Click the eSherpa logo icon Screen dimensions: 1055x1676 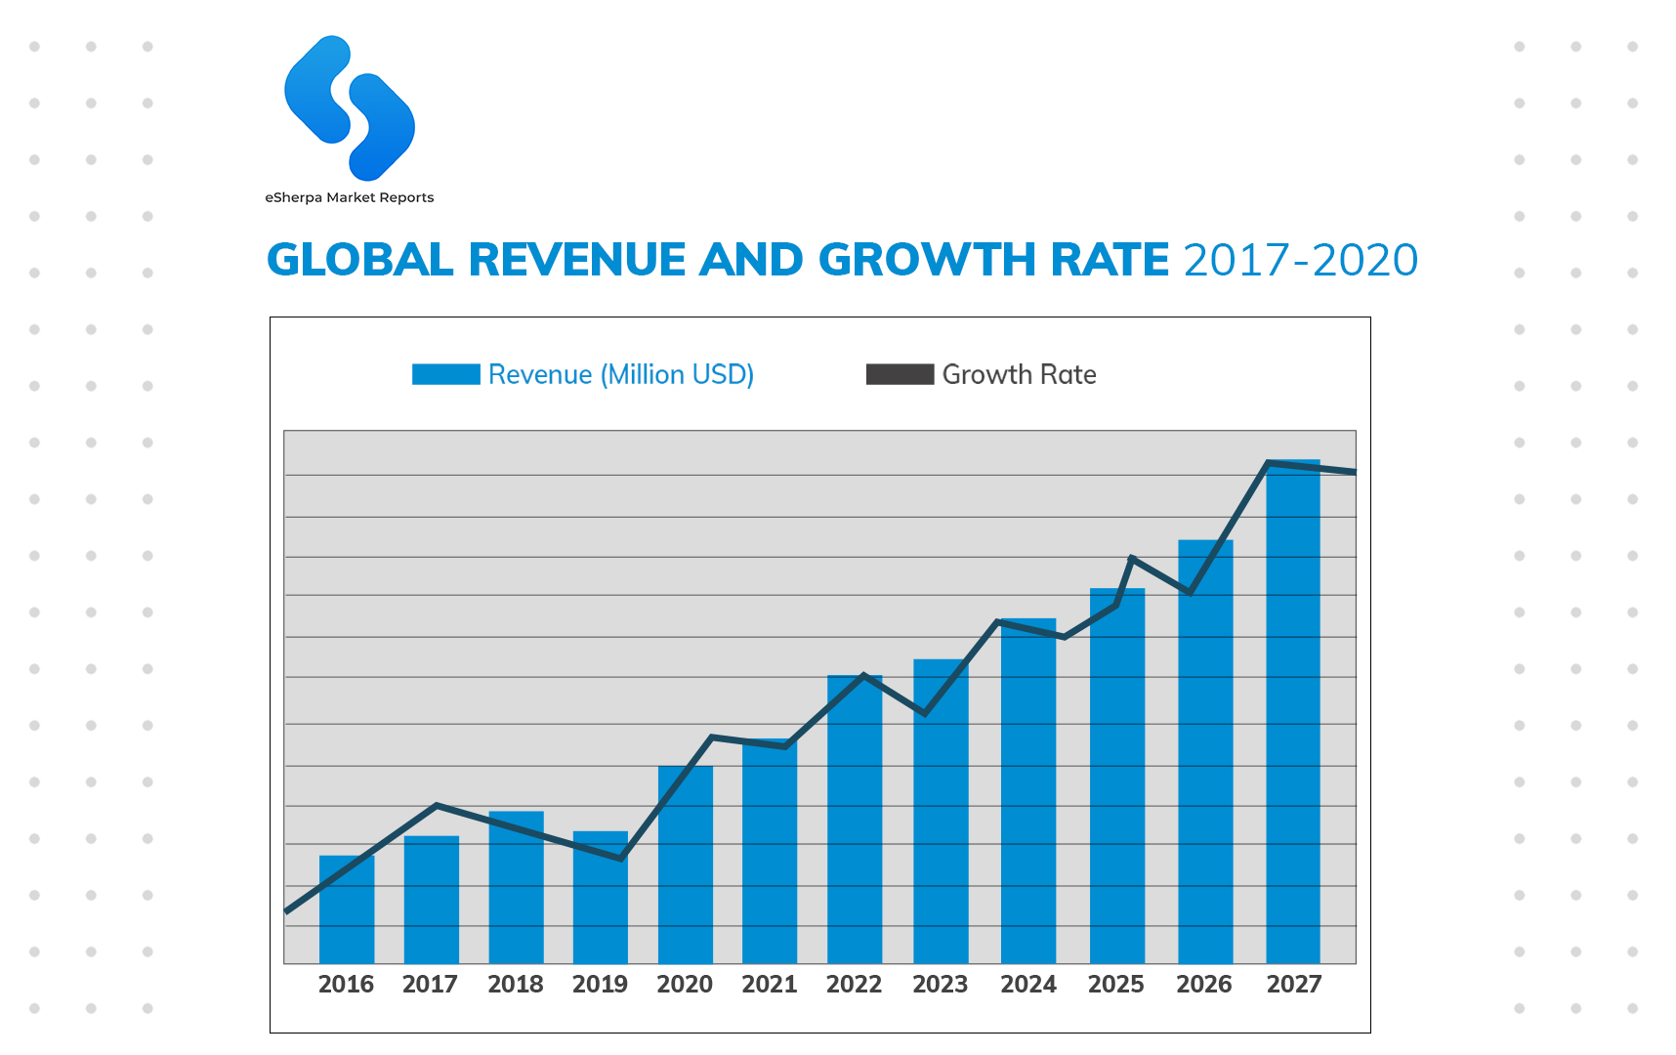tap(349, 108)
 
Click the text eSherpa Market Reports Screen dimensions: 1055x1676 tap(349, 197)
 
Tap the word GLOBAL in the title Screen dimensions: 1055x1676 tap(359, 260)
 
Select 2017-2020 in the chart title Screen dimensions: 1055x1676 tap(1300, 260)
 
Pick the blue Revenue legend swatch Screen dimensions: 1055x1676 tap(445, 374)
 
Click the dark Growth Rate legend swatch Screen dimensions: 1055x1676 tap(900, 374)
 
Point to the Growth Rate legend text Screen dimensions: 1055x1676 tap(1019, 374)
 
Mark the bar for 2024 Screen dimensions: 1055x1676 tap(1028, 790)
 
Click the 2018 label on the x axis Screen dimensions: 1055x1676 tap(516, 984)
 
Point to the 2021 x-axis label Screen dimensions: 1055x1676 tap(770, 984)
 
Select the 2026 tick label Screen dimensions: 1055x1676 tap(1204, 984)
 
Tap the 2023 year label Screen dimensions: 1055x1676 tap(941, 984)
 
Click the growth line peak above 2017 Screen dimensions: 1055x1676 tap(436, 805)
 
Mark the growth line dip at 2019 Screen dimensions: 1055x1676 tap(621, 859)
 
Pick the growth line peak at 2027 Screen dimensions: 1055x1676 tap(1267, 463)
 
